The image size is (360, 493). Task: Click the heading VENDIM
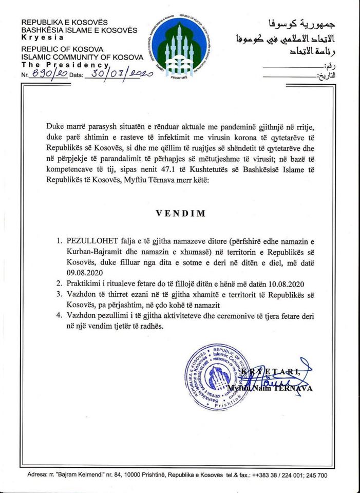click(180, 213)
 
